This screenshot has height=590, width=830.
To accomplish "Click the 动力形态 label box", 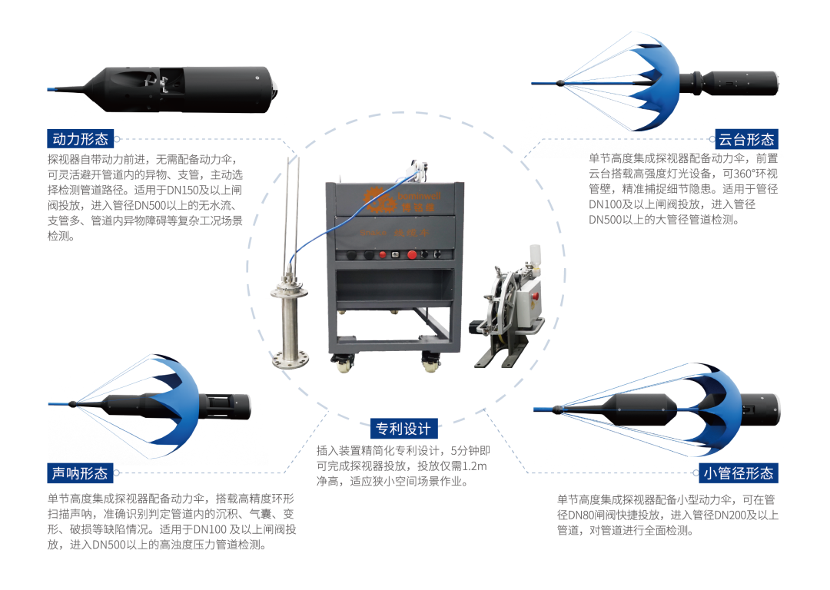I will [x=81, y=139].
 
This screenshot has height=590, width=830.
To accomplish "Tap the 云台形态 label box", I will [x=745, y=139].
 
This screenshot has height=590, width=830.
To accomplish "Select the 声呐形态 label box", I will [x=81, y=472].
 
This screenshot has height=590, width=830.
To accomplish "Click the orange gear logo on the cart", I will [x=377, y=198].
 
